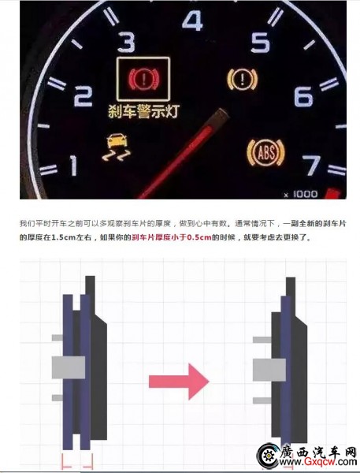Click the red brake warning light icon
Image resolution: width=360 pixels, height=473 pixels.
point(143,79)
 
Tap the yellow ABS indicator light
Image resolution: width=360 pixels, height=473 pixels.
point(265,153)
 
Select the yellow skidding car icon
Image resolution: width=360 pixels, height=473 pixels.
point(116,147)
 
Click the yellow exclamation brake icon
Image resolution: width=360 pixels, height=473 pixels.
point(242,80)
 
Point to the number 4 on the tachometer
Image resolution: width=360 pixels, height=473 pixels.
point(192,20)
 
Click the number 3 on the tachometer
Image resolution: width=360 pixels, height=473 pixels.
point(127,42)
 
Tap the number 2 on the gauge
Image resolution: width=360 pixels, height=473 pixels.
point(84,96)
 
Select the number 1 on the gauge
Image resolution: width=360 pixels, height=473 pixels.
point(73,166)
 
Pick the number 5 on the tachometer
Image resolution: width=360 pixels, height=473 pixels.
point(260,43)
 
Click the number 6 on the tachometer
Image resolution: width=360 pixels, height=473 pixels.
point(303,96)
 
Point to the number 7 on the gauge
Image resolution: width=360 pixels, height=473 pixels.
point(311,166)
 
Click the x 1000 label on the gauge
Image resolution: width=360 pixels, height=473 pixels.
point(301,194)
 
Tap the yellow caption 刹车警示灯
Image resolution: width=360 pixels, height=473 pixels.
point(143,110)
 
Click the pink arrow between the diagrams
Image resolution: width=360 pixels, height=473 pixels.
point(179,382)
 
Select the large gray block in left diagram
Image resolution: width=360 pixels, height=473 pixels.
point(69,367)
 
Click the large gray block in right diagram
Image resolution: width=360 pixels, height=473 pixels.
point(269,370)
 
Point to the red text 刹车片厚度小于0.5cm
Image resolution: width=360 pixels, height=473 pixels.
point(172,237)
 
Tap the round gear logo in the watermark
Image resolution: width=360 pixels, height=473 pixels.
point(268,456)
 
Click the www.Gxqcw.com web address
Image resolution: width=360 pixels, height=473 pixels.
point(317,461)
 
